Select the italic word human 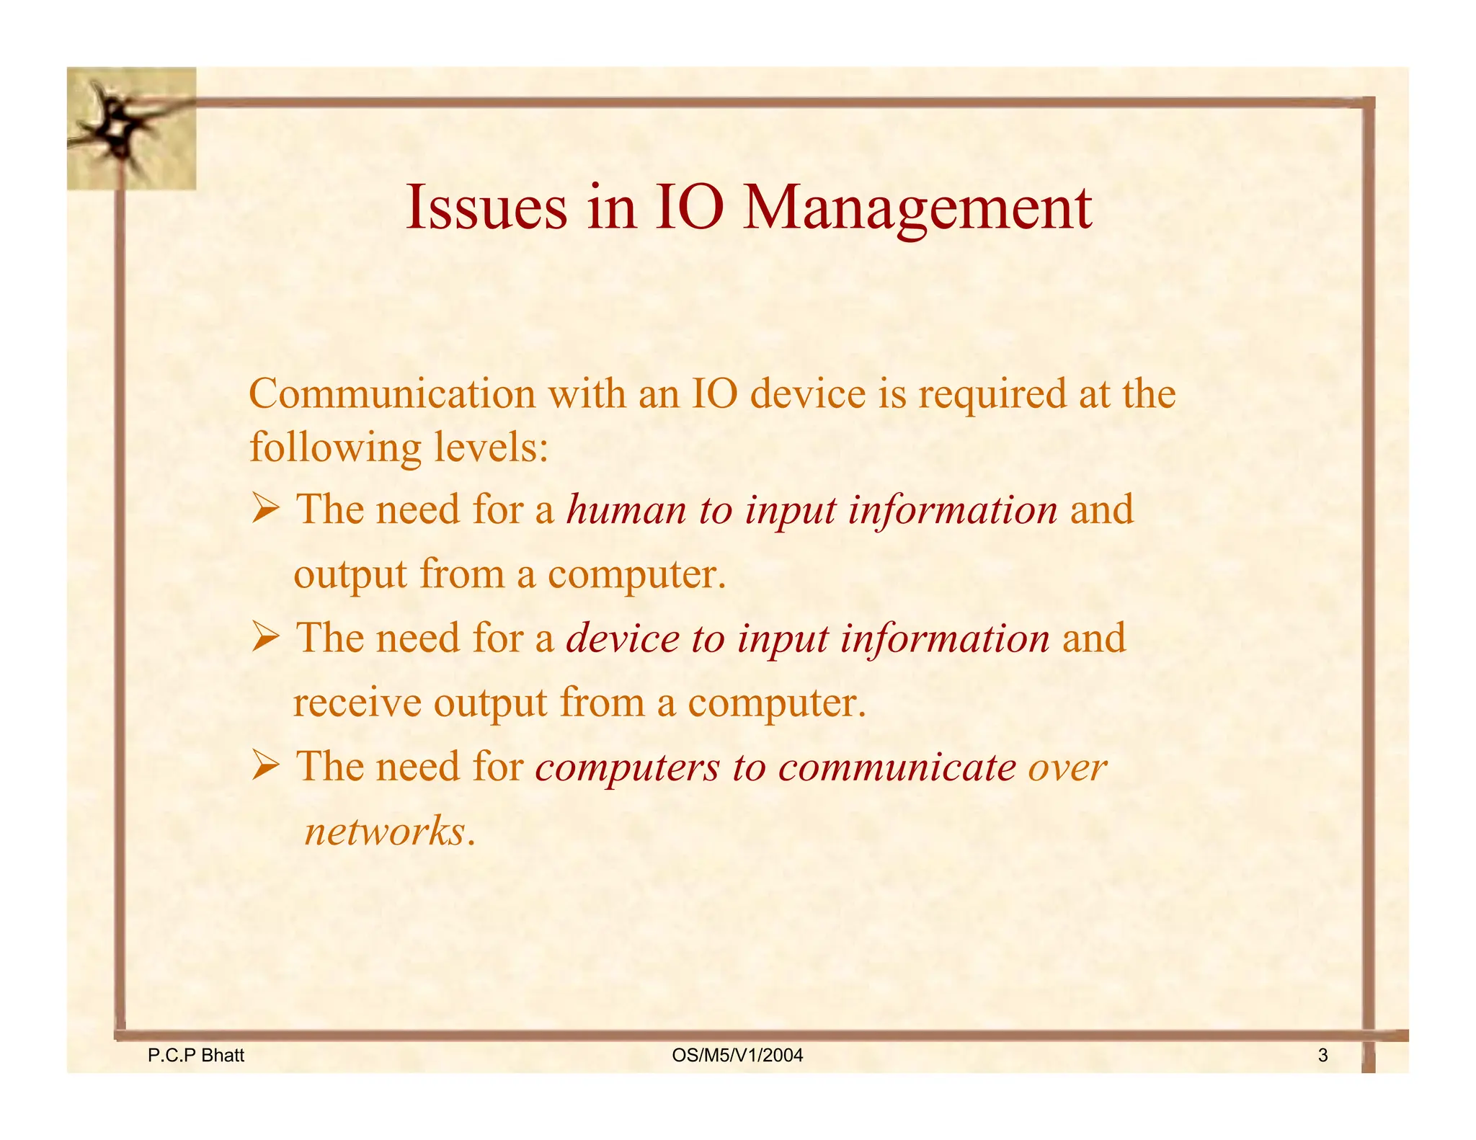626,509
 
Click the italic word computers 627,767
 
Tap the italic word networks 385,831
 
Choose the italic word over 1067,767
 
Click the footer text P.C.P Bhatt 196,1056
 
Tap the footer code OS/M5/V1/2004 737,1056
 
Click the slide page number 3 1322,1056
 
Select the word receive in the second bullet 357,703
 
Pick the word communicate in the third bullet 897,767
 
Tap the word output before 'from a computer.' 350,575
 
